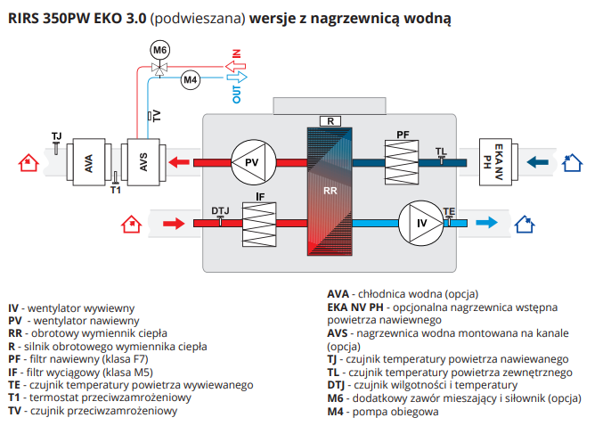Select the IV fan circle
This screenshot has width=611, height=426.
418,222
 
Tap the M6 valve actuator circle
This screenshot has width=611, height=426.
159,50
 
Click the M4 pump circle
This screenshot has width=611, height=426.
191,81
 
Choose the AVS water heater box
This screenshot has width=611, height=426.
143,163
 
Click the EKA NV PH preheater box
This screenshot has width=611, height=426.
499,162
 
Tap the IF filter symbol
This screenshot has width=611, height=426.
261,223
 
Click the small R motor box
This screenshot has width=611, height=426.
330,120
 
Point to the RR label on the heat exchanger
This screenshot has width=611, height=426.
330,191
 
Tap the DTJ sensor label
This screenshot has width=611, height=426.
220,210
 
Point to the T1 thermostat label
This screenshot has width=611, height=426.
115,190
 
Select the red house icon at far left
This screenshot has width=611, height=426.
29,162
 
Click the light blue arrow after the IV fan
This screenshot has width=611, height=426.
486,223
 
